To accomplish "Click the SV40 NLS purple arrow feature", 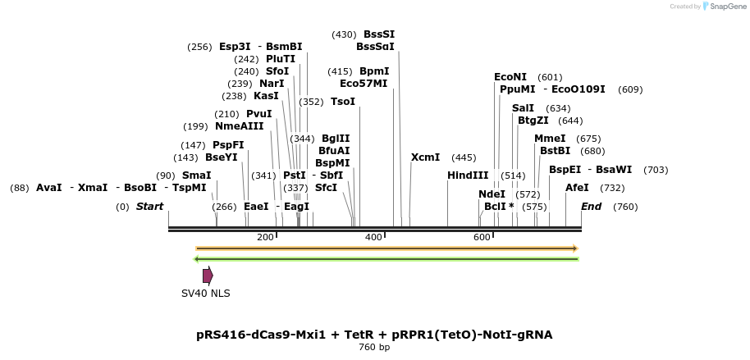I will pos(208,276).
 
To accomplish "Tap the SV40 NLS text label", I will pos(206,294).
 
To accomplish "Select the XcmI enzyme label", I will pos(425,157).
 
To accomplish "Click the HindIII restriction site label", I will pos(468,175).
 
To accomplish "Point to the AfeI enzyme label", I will pos(577,188).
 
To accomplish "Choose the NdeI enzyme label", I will pos(492,194).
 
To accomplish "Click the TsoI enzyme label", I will pos(343,102).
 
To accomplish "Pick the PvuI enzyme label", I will pos(258,114).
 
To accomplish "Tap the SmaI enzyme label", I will pos(196,175).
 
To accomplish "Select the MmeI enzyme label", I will pos(550,139).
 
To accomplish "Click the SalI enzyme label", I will pos(523,108).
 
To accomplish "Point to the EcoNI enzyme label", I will pos(510,77).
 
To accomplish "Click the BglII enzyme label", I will pos(335,139).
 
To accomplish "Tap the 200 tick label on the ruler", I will pos(265,237).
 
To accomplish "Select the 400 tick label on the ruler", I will pos(373,237).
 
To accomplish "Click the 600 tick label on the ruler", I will pos(482,237).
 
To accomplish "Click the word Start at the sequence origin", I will pos(149,207).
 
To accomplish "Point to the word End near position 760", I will pos(591,207).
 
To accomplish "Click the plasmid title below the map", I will pos(374,335).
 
